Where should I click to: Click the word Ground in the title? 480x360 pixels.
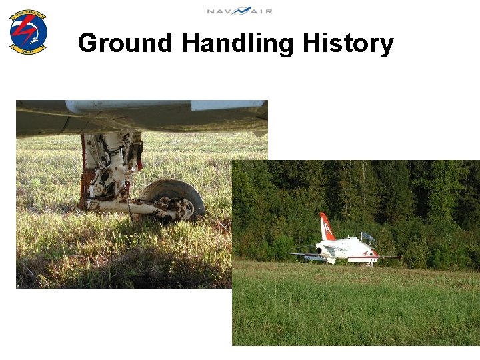click(125, 43)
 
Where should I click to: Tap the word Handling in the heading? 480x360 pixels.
click(237, 43)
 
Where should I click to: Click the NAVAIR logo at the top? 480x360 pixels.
click(239, 11)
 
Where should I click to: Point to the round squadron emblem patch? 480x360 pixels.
click(28, 31)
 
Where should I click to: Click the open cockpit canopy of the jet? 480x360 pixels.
click(367, 239)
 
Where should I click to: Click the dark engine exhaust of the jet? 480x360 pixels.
click(319, 251)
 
